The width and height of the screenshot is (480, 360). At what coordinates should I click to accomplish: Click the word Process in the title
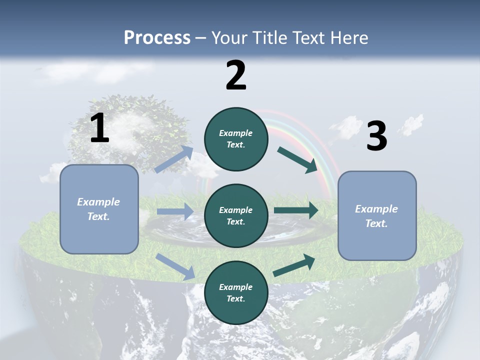point(157,37)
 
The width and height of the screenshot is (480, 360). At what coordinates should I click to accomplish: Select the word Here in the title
point(349,37)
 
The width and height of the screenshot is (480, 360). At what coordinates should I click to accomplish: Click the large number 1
point(99,128)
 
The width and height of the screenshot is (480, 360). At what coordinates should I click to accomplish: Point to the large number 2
point(236,75)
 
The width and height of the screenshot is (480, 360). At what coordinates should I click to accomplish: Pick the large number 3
point(376,136)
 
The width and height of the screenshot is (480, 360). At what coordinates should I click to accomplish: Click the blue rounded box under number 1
point(99,209)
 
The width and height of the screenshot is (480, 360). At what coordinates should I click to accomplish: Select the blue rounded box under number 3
point(377,215)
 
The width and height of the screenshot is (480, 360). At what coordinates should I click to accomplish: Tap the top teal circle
point(236,139)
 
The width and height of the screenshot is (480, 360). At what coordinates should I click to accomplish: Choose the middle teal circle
point(236,215)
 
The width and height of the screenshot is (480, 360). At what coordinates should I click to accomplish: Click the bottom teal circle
point(236,292)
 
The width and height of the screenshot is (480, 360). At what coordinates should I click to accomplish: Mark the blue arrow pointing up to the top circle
point(174,159)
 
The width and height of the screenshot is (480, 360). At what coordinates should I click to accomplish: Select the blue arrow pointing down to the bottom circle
point(175,266)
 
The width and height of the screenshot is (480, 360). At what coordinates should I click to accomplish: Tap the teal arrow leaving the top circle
point(297,159)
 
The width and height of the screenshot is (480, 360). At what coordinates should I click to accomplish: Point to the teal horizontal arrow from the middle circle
point(296,210)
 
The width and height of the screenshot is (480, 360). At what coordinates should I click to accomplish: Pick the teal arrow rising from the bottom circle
point(294,265)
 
